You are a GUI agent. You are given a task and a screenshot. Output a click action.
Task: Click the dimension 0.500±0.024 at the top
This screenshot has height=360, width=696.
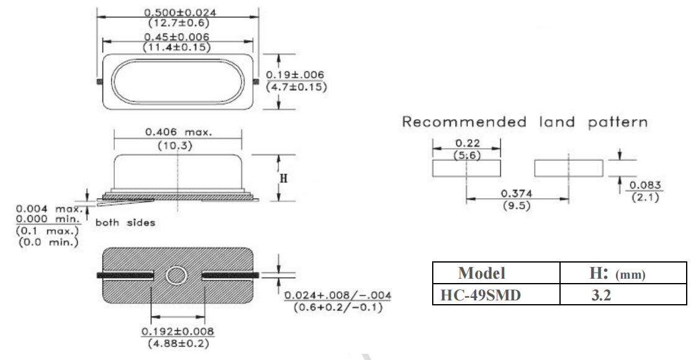[x=178, y=12]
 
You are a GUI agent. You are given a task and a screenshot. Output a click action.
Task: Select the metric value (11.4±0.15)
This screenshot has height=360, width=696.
[x=178, y=47]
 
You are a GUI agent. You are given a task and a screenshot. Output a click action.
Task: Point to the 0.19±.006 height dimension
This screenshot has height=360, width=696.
[x=296, y=74]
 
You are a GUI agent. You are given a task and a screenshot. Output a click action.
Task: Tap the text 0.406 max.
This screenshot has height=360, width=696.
[x=178, y=132]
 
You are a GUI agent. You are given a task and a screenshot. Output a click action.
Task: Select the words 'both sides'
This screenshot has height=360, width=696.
[x=116, y=220]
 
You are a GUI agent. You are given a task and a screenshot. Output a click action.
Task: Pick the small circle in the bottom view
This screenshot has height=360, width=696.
[x=178, y=274]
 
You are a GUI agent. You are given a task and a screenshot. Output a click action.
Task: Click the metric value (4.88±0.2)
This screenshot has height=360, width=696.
[x=178, y=342]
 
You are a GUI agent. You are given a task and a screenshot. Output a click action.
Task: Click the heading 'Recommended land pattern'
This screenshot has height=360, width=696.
[x=525, y=122]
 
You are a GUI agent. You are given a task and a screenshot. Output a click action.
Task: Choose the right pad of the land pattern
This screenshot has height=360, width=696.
[x=568, y=168]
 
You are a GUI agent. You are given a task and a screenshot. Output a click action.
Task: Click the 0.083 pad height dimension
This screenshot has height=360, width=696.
[x=644, y=186]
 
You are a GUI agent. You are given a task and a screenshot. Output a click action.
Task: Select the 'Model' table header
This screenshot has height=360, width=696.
[x=481, y=273]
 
